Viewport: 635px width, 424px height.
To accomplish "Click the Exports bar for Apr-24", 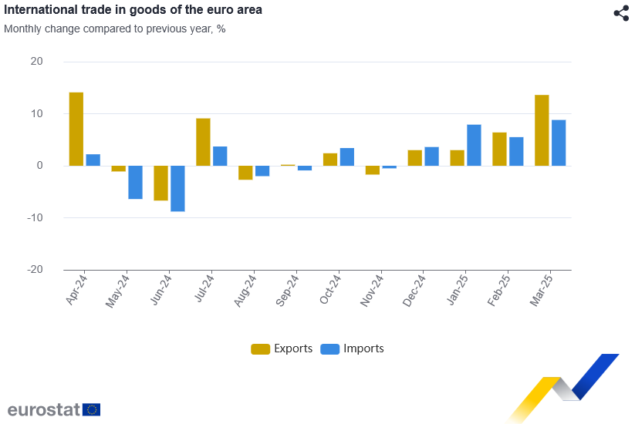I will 76,129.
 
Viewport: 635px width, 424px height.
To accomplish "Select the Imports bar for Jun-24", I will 177,188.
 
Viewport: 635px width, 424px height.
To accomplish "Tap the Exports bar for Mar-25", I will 542,130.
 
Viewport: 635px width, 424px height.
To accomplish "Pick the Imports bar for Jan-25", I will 474,145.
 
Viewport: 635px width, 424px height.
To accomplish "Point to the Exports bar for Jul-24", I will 203,142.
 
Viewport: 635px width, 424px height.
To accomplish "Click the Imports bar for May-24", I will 135,182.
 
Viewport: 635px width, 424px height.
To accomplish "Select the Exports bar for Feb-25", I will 499,149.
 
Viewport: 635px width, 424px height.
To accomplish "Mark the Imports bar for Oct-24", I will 347,156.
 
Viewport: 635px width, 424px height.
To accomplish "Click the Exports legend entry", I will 282,348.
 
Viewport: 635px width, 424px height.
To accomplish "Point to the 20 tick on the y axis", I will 36,62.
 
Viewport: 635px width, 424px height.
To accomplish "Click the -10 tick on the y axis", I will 34,218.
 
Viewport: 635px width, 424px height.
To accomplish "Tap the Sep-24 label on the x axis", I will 287,291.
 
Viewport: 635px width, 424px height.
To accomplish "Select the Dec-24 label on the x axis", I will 414,291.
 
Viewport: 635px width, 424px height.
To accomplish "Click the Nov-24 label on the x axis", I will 372,291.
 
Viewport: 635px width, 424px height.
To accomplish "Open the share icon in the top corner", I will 621,13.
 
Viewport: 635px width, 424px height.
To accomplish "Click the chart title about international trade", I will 133,10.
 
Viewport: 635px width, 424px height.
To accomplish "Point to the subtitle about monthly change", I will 114,29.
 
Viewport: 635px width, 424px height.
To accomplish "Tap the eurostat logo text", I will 44,409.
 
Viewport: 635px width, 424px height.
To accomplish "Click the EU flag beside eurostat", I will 92,409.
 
